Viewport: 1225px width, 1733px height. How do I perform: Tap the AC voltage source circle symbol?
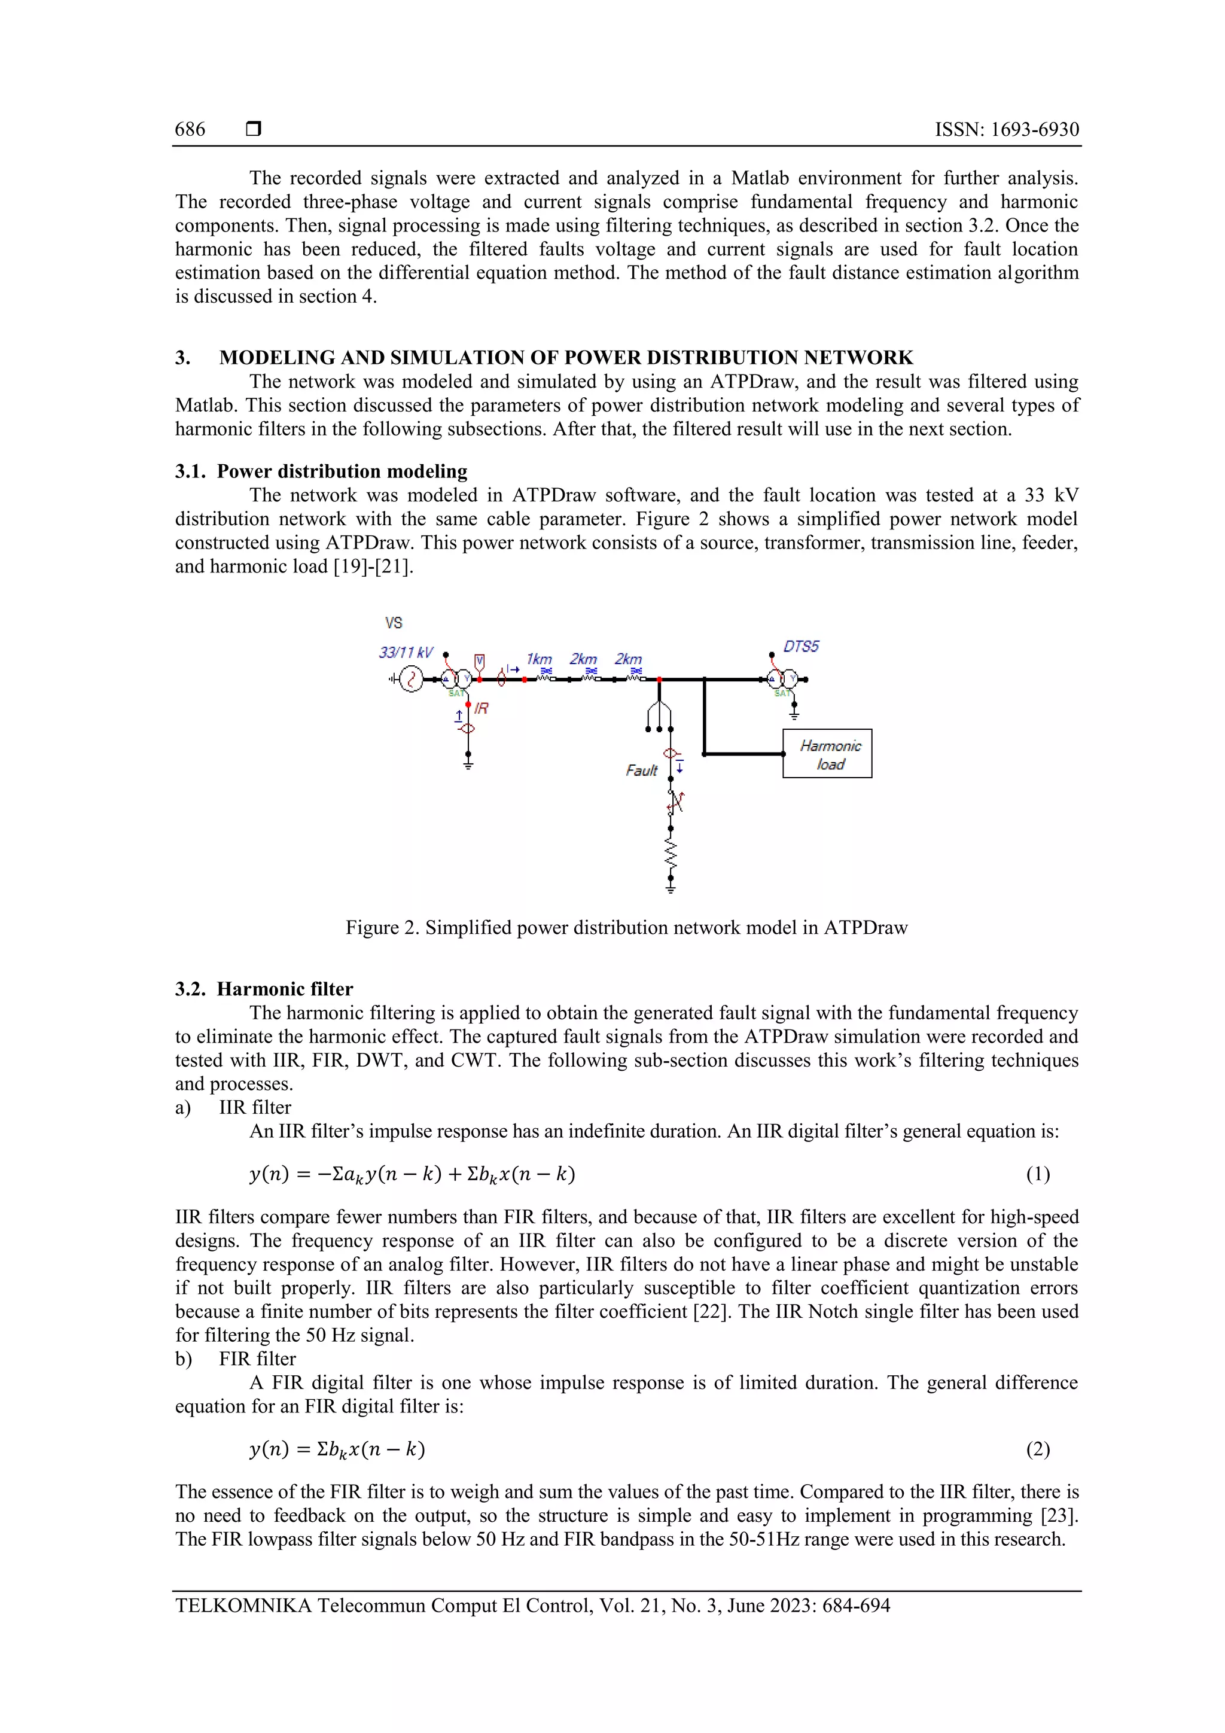[412, 680]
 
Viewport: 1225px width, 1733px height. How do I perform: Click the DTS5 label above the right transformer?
[801, 646]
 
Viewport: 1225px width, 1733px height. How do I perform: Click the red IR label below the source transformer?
[481, 708]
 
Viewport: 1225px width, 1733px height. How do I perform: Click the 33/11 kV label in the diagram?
[406, 652]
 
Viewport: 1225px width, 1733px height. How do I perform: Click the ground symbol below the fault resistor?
[671, 887]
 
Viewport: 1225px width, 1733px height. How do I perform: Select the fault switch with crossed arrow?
[675, 802]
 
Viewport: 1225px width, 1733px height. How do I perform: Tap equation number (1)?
[1037, 1174]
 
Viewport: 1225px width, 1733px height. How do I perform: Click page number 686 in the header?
[190, 129]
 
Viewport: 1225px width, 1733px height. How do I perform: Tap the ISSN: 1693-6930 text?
[1006, 129]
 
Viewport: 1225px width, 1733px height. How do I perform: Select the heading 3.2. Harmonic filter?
[264, 989]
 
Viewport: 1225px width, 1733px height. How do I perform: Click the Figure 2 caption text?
[626, 928]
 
